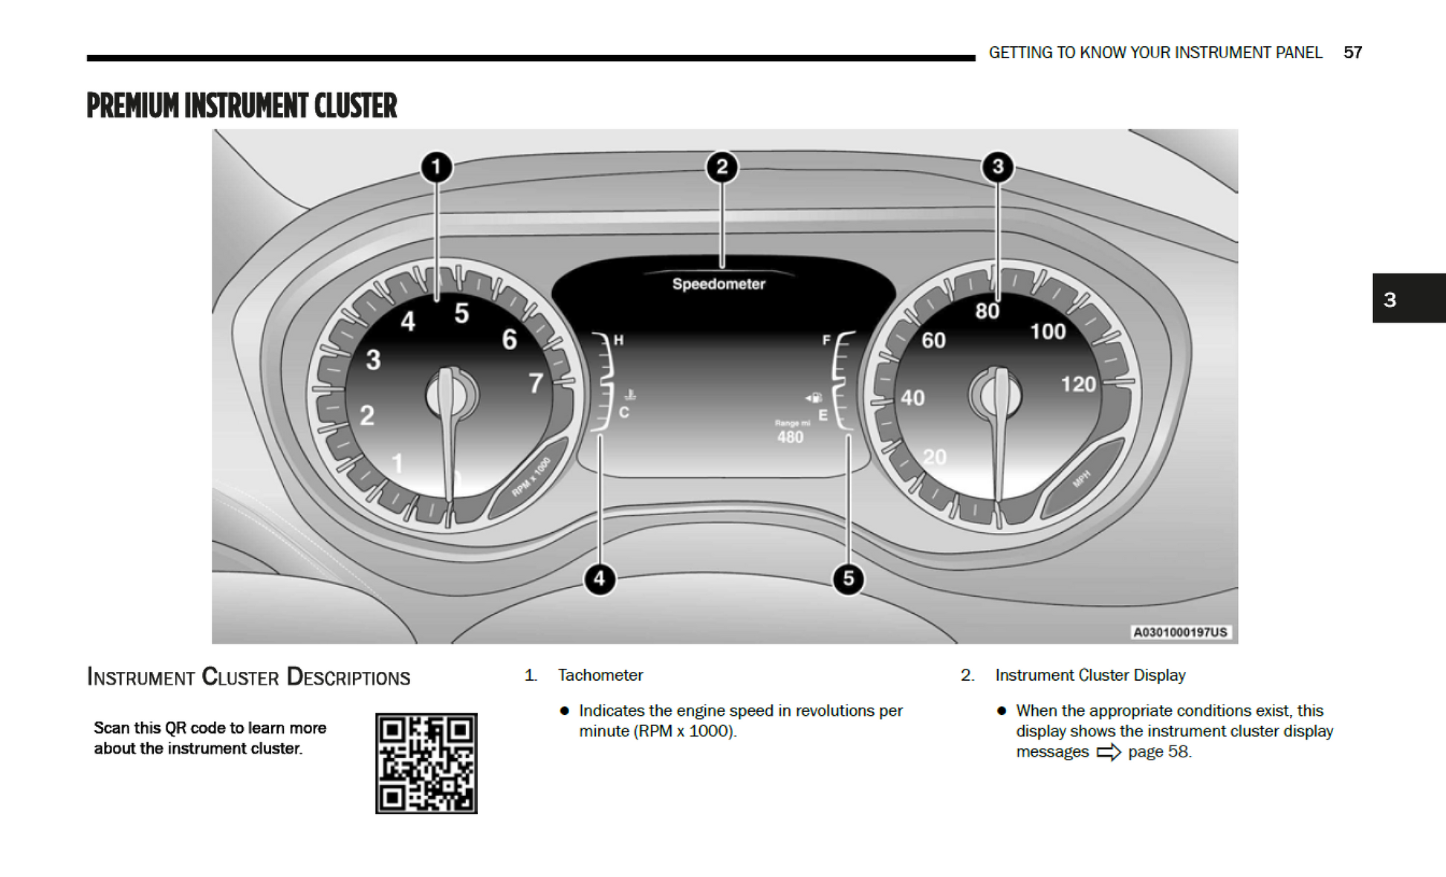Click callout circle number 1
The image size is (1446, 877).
436,167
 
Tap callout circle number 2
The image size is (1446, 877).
722,167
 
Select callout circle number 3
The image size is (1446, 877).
997,167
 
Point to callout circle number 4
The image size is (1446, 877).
600,579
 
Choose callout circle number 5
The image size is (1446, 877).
848,579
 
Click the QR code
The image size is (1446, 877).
426,763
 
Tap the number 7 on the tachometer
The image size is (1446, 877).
536,384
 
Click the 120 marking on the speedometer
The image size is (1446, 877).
1077,384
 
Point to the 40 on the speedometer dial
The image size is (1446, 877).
912,398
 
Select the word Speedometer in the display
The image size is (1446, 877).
719,284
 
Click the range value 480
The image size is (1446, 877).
790,437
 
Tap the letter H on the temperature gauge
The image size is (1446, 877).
618,340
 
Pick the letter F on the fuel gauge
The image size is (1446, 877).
826,340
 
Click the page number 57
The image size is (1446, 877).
1352,53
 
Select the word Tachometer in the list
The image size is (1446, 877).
600,675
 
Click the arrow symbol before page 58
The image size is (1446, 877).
1109,752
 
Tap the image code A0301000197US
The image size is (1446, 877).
1180,632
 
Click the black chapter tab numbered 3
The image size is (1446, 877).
1408,299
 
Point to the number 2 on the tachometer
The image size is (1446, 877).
367,415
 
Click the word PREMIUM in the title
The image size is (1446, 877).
133,106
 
